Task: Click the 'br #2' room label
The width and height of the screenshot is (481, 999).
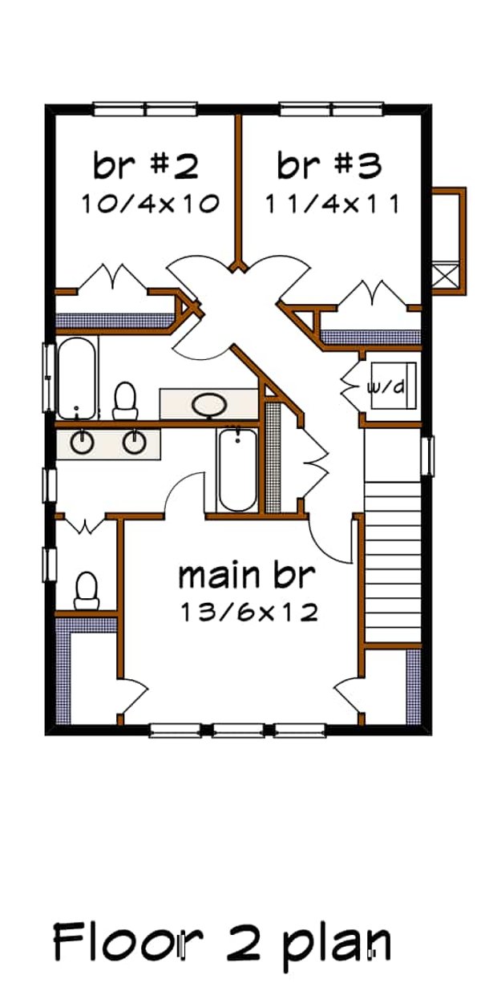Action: pos(145,166)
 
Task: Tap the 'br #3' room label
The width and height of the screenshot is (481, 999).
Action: pos(329,166)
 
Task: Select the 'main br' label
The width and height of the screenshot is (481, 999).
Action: pos(247,575)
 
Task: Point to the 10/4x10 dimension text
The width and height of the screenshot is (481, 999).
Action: pos(149,204)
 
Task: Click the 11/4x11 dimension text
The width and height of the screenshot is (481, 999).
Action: pos(332,204)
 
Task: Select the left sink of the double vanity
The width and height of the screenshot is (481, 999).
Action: pos(81,441)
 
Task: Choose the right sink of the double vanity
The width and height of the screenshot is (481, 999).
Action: pos(134,441)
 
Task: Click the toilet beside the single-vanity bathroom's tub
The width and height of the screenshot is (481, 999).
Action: pos(125,400)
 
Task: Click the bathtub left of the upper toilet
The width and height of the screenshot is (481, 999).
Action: pos(77,377)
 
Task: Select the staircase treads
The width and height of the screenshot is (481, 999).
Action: pos(392,537)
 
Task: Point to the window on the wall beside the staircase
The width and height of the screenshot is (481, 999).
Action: pos(428,455)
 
